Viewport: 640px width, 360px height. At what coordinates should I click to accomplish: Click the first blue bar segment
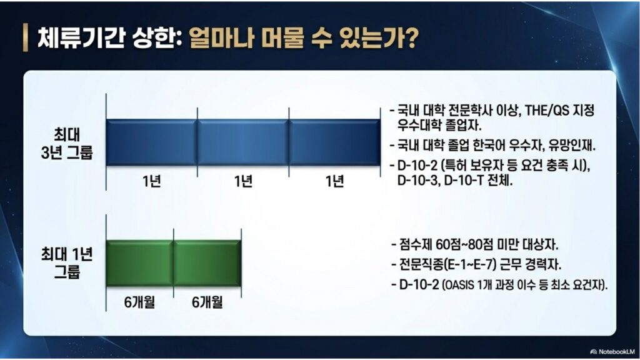pyautogui.click(x=151, y=142)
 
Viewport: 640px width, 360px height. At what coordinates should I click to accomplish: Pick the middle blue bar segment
pyautogui.click(x=242, y=142)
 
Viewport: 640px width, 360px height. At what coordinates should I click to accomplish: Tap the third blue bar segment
pyautogui.click(x=334, y=142)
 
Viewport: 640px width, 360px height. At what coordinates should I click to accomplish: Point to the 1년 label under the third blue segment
pyautogui.click(x=334, y=182)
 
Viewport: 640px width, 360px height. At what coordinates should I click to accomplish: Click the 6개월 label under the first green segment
pyautogui.click(x=139, y=303)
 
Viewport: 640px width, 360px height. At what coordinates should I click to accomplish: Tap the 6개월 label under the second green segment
pyautogui.click(x=207, y=303)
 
